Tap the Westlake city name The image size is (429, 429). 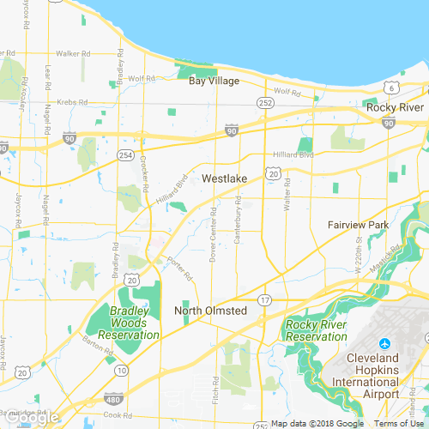coord(225,178)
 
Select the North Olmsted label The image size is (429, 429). coord(210,310)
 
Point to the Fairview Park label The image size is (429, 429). coord(359,225)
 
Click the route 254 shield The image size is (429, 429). coord(125,154)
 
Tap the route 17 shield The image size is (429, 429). coord(265,299)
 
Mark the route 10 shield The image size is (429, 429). coord(122,371)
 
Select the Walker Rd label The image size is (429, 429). coord(74,53)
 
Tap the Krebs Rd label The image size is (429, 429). coord(74,101)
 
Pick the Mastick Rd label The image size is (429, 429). coord(392,257)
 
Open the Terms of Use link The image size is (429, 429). coord(400,423)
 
